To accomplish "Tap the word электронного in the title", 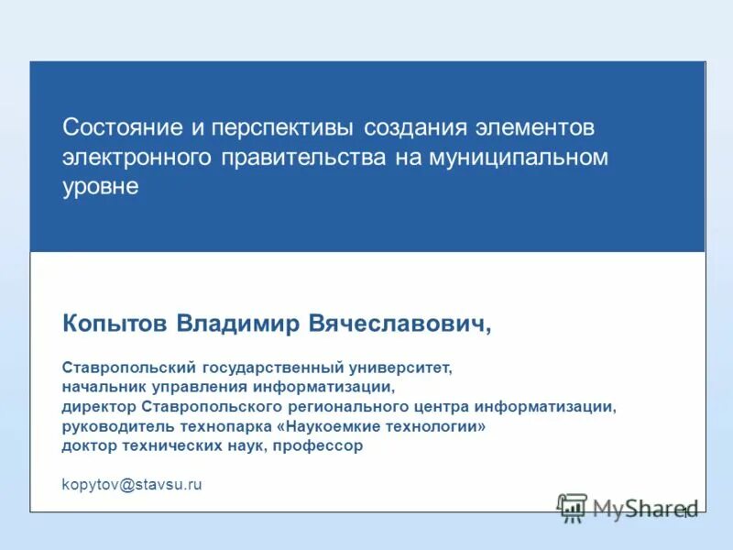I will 135,156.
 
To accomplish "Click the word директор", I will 100,407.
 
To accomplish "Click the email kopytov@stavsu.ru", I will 131,485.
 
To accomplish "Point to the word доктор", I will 89,445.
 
